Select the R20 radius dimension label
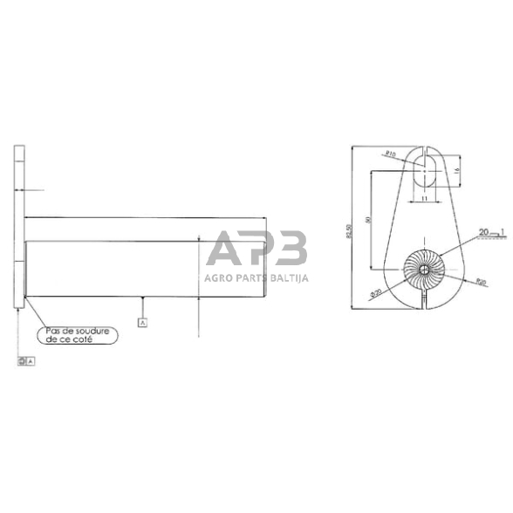[480, 282]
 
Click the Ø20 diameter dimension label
[377, 293]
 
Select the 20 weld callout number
[483, 232]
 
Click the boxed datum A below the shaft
[141, 322]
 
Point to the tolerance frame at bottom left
[25, 359]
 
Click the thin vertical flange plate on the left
[17, 227]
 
